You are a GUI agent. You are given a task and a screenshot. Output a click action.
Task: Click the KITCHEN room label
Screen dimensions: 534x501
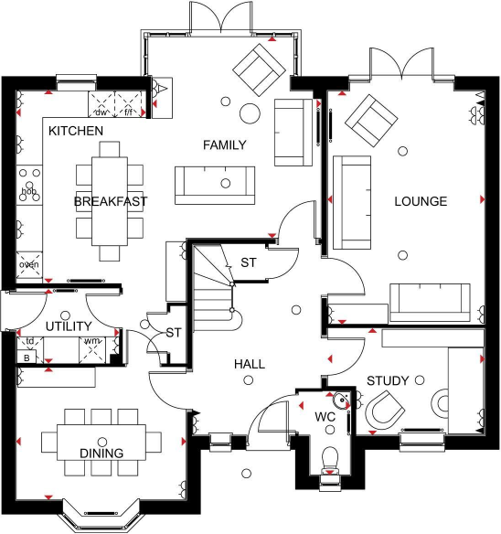click(x=76, y=132)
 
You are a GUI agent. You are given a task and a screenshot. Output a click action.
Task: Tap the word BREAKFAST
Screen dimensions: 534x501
click(x=111, y=201)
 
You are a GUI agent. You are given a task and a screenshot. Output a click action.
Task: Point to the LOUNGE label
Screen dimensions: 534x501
click(x=420, y=201)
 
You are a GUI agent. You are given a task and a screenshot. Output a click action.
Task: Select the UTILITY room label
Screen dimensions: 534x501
click(x=69, y=326)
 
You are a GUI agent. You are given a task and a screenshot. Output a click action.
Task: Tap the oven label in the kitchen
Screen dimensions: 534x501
click(x=29, y=265)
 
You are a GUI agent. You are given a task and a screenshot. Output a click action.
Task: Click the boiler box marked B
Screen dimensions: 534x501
click(x=27, y=358)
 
